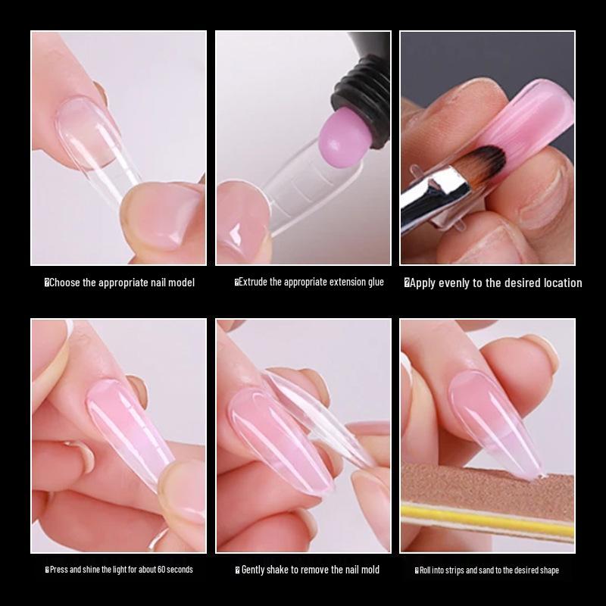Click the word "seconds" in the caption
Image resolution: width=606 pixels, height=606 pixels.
[177, 570]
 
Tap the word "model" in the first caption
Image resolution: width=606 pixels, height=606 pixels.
[180, 283]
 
